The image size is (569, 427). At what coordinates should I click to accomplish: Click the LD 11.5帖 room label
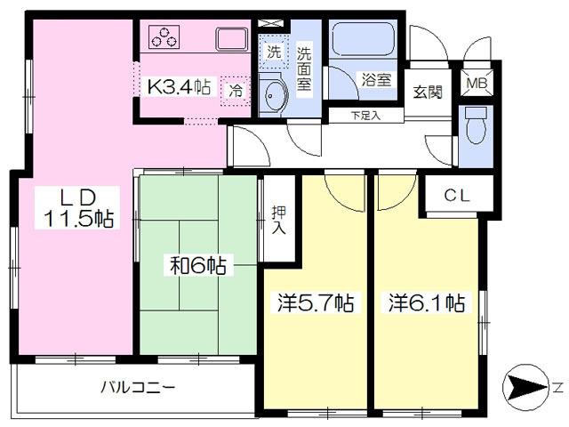(x=77, y=208)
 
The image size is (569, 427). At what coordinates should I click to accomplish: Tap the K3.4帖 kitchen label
(x=178, y=87)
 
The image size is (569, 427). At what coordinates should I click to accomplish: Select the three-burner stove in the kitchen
(x=164, y=37)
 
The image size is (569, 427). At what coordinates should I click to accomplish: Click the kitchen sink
(x=231, y=39)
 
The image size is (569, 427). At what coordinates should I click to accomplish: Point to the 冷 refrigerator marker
(x=236, y=91)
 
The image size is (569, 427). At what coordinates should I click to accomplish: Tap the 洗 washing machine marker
(x=274, y=52)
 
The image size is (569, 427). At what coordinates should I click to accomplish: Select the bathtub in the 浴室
(x=364, y=38)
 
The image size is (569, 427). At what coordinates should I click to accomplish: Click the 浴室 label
(x=375, y=80)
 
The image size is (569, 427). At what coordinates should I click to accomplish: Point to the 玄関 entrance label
(x=428, y=93)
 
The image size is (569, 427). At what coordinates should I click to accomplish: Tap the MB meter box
(x=477, y=83)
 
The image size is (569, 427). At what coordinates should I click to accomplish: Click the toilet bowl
(x=476, y=125)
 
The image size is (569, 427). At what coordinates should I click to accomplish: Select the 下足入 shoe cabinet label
(x=365, y=116)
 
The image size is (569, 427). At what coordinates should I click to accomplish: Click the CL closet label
(x=457, y=196)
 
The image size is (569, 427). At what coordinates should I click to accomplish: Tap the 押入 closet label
(x=278, y=221)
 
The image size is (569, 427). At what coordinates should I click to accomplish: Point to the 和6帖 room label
(x=198, y=266)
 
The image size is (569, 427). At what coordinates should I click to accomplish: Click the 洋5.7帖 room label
(x=315, y=302)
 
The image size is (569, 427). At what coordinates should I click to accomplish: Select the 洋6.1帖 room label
(x=427, y=302)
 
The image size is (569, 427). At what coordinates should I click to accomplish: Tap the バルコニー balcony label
(x=138, y=388)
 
